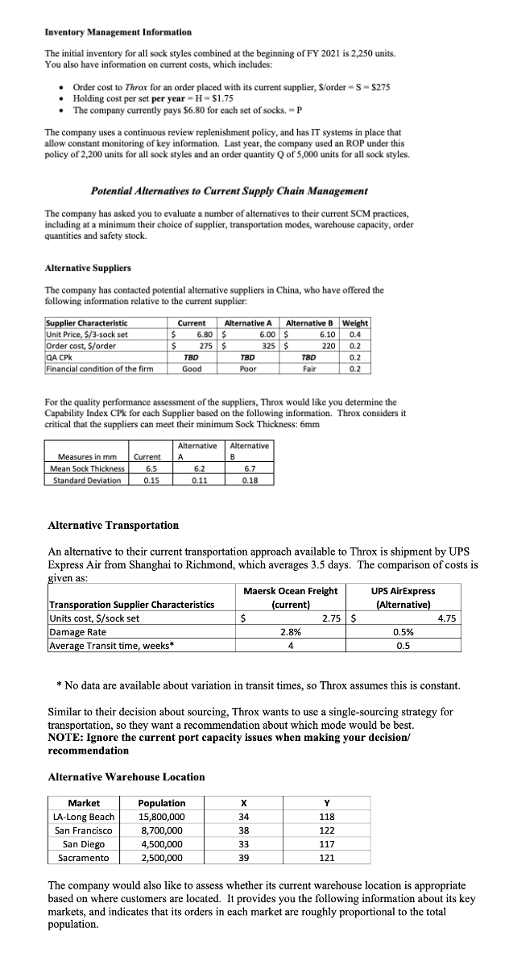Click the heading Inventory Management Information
point(118,31)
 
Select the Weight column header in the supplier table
point(355,323)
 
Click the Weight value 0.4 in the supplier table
point(355,334)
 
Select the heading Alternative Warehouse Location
point(126,776)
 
